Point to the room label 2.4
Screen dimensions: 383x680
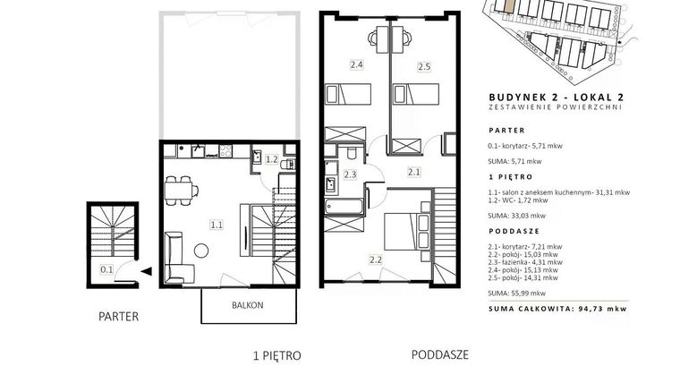[356, 64]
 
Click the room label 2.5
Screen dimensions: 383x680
[424, 65]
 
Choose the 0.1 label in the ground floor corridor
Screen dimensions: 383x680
[106, 268]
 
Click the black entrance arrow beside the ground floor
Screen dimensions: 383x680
[145, 268]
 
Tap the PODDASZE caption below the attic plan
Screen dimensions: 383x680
[440, 353]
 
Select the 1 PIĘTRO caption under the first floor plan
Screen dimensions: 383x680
[277, 355]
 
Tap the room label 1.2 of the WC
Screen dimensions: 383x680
[273, 161]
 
